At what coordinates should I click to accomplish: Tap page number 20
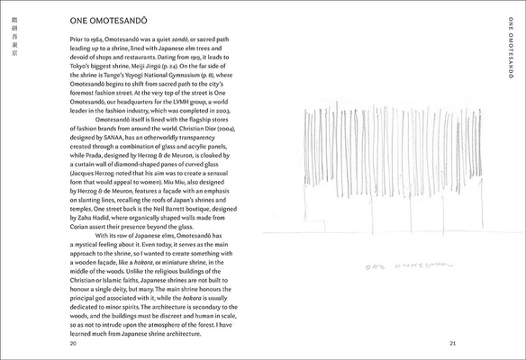[72, 344]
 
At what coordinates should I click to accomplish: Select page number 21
[454, 344]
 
